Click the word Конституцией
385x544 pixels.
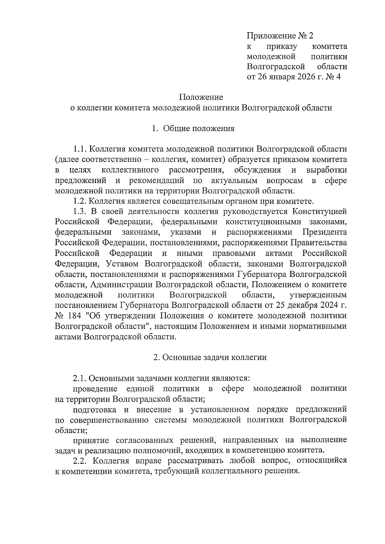tap(319, 212)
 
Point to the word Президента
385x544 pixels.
tap(324, 232)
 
